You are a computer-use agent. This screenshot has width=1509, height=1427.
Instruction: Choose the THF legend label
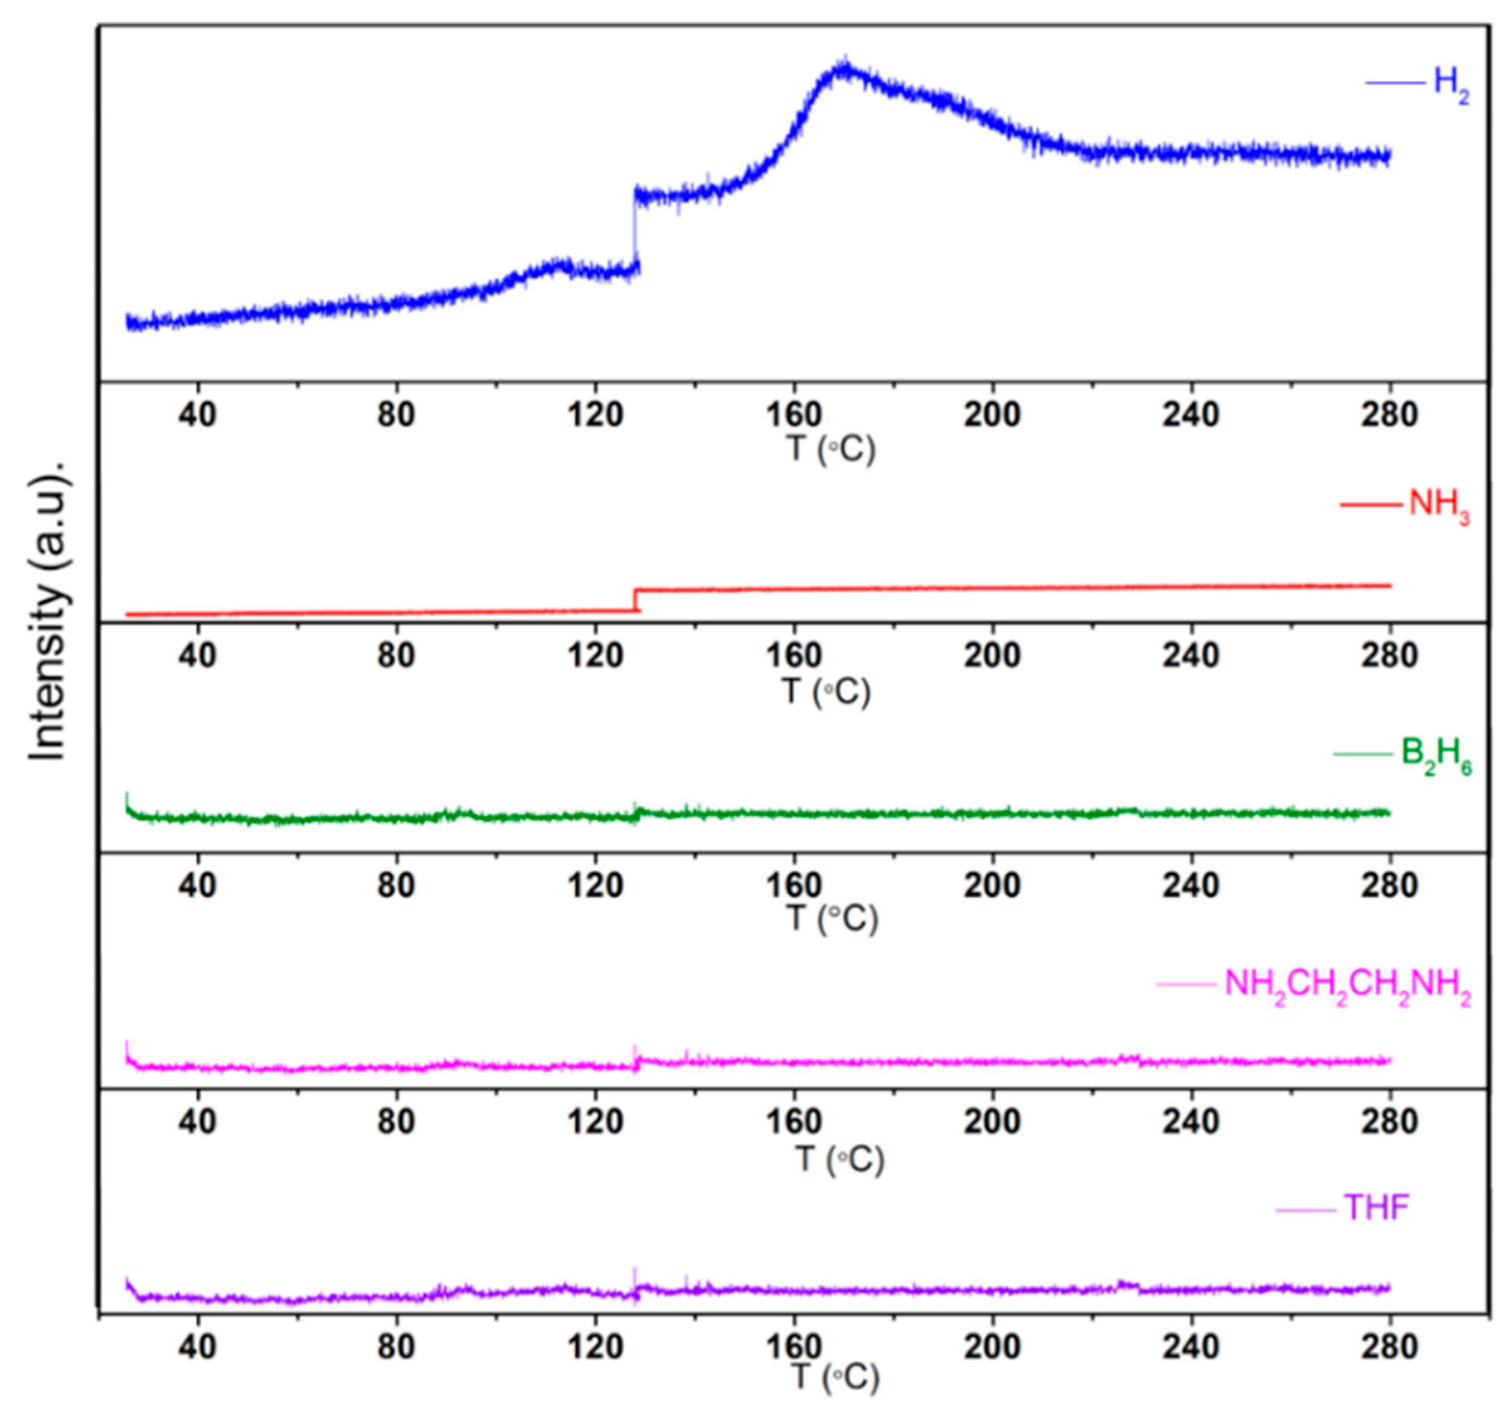[x=1377, y=1208]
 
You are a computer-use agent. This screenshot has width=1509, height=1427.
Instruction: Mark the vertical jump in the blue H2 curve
[x=633, y=228]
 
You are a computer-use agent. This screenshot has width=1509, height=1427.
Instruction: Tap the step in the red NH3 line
[x=636, y=600]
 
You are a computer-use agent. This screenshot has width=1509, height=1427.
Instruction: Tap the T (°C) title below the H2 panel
[x=830, y=450]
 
